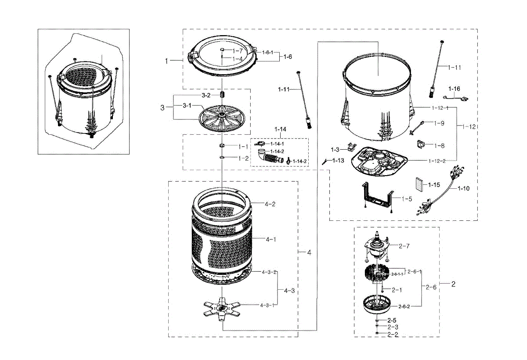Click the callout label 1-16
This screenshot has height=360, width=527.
click(x=455, y=89)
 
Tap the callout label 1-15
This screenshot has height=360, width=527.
click(x=434, y=185)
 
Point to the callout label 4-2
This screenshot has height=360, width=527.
click(x=270, y=204)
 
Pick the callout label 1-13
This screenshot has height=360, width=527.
click(x=338, y=161)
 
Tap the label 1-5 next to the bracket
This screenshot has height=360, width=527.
click(x=407, y=198)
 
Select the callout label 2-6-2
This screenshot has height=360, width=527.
click(x=404, y=306)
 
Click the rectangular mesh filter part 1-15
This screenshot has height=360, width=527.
click(x=420, y=185)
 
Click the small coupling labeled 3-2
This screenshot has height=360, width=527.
click(x=223, y=95)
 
